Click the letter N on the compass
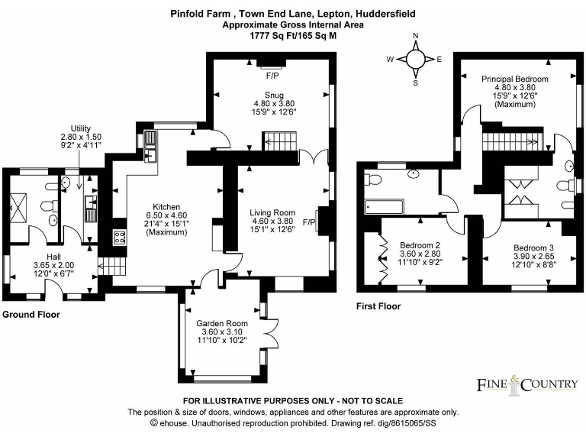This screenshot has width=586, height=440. pos(416,36)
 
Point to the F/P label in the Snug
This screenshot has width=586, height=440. pos(272,76)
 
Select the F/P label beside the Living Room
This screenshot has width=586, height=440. pos(309,222)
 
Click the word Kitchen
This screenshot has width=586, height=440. pos(166,207)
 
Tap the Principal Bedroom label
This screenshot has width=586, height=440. pos(515,79)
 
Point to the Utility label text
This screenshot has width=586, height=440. pos(81,128)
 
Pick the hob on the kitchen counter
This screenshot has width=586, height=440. pos(119,237)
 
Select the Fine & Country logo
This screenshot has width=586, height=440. pos(526,383)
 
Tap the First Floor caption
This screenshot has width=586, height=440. pos(378,306)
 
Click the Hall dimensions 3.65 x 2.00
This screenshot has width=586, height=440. pos(49,264)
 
